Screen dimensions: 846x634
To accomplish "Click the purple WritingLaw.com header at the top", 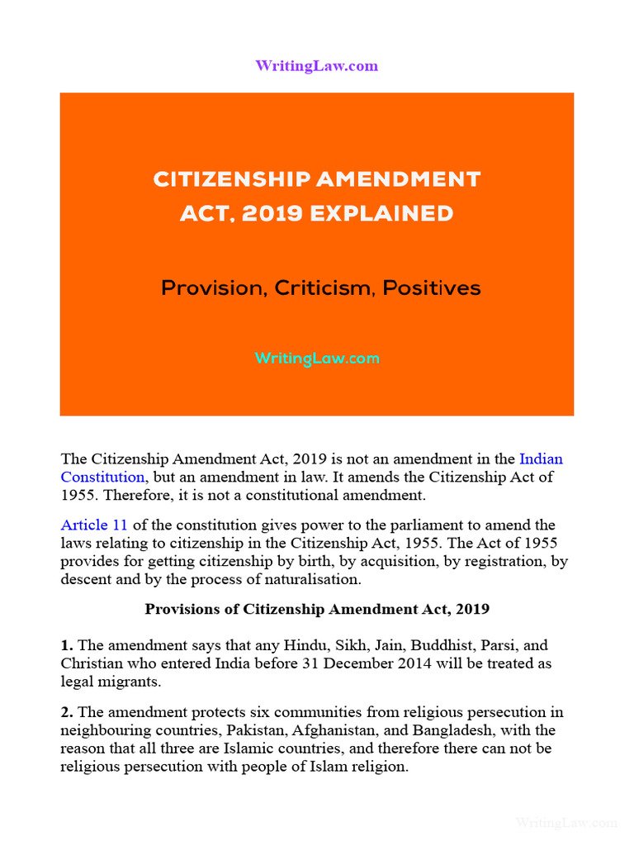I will (317, 66).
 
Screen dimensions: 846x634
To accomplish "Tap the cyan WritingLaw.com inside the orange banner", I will (317, 359).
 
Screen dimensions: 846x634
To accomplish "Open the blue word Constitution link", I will (102, 477).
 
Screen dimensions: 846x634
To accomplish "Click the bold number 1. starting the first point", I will (67, 645).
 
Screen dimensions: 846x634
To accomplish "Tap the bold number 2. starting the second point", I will (67, 712).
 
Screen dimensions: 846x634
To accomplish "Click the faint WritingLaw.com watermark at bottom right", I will (566, 823).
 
